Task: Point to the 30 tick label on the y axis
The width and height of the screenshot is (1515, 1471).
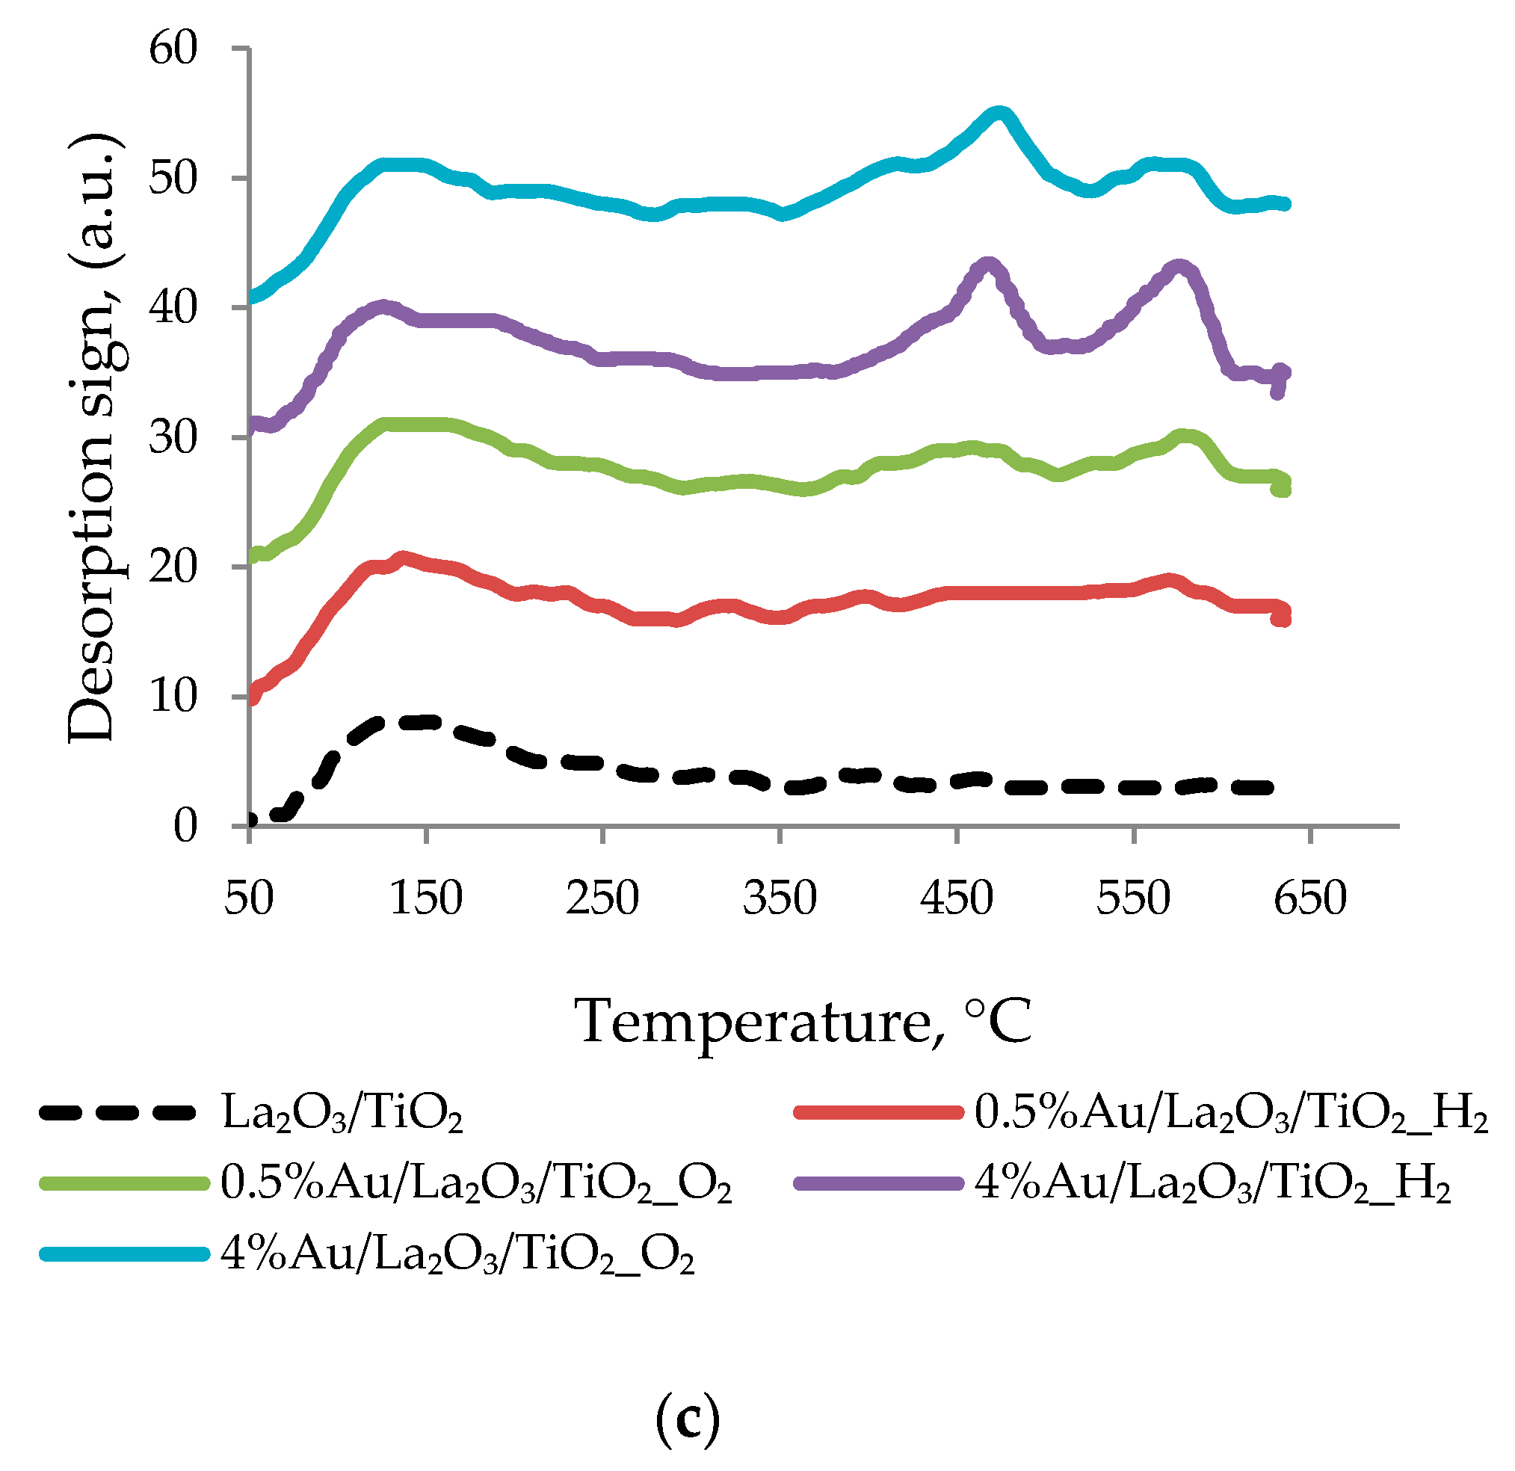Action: coord(174,438)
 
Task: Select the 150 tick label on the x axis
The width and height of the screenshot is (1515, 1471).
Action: coord(426,898)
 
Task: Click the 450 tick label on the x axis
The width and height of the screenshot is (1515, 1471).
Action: coord(956,898)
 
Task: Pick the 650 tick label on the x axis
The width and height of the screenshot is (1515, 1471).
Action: coord(1310,898)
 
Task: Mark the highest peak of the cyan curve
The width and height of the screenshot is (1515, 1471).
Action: coord(999,114)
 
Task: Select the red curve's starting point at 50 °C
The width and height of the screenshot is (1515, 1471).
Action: coord(252,698)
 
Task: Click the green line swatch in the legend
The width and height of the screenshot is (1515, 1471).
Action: coord(123,1183)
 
